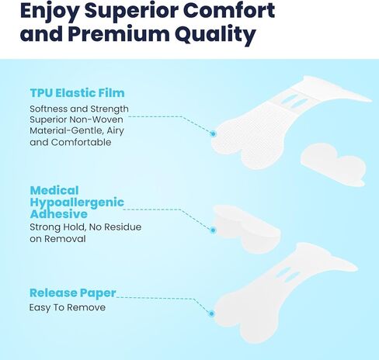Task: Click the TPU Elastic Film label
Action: [x=77, y=94]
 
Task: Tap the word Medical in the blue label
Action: [x=57, y=189]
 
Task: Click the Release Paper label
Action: [x=72, y=293]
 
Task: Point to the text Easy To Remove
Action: [x=67, y=307]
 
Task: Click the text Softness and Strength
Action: [x=79, y=109]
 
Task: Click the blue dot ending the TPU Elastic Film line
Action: [x=212, y=133]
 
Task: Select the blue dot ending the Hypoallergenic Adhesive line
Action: [x=212, y=230]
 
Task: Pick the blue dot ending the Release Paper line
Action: [x=211, y=313]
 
